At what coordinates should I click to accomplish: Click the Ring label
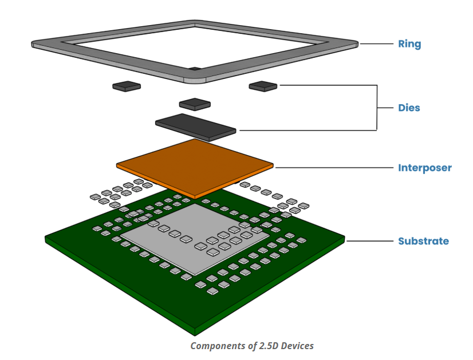[409, 44]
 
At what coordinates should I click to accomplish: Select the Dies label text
[409, 108]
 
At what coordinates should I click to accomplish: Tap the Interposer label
[424, 168]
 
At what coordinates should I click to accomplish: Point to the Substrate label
[423, 241]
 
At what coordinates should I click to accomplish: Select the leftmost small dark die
[126, 86]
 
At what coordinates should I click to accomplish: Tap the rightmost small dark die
[263, 86]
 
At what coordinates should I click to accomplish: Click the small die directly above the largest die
[195, 104]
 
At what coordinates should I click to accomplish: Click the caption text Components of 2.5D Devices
[252, 346]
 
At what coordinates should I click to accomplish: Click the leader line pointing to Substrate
[366, 241]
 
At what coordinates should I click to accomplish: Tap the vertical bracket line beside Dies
[377, 108]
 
